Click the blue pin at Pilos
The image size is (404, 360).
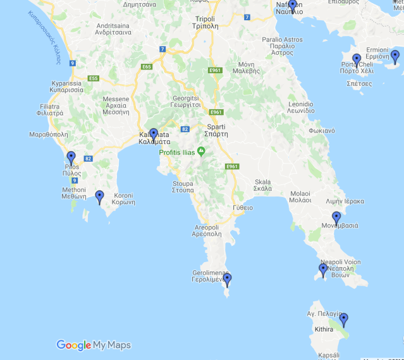[71, 157]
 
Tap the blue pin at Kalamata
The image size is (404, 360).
[153, 134]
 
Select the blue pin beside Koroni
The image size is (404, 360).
[99, 196]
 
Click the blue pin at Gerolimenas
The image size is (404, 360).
[227, 279]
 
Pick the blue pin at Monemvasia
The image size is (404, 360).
[336, 217]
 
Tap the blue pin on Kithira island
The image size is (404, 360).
[343, 318]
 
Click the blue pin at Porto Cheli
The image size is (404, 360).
[356, 59]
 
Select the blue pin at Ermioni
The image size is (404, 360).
[395, 56]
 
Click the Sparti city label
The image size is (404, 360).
[216, 130]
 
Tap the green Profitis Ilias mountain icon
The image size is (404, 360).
[201, 151]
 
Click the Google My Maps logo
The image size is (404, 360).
[94, 345]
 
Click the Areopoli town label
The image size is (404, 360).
[206, 230]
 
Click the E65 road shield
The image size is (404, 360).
[147, 66]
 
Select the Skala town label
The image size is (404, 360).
[262, 184]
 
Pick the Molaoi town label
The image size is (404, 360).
[300, 197]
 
